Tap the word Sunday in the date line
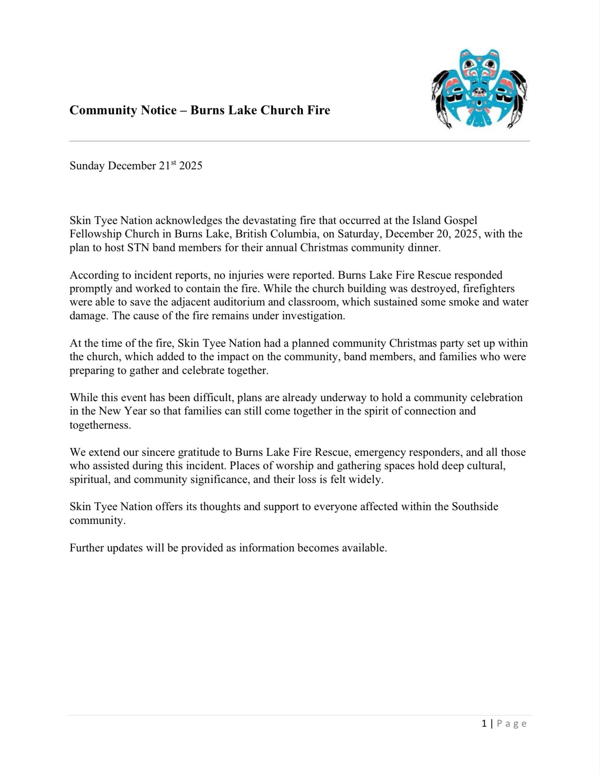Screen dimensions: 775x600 pyautogui.click(x=87, y=166)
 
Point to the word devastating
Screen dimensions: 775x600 pyautogui.click(x=269, y=221)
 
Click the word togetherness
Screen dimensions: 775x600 pyautogui.click(x=100, y=425)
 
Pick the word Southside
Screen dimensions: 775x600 pyautogui.click(x=475, y=507)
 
